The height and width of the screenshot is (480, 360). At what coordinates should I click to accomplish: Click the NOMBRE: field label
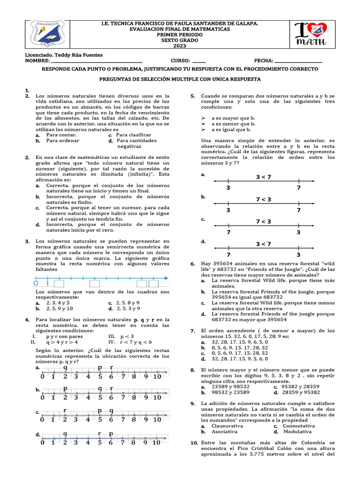point(37,61)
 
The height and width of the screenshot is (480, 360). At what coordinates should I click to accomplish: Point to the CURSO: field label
point(180,61)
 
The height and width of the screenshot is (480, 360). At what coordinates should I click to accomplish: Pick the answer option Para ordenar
point(62,141)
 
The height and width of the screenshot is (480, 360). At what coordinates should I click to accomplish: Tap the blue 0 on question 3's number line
point(36,284)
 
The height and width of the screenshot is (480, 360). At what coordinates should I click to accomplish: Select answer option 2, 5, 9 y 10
point(60,309)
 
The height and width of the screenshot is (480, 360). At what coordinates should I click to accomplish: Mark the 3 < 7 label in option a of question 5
point(263,177)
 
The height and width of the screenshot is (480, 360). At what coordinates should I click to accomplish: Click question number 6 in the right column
point(193,264)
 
